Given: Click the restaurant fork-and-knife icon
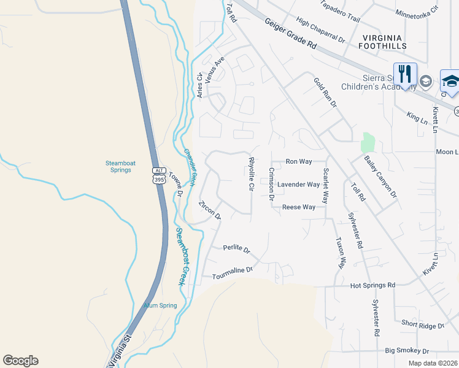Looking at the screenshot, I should [405, 74].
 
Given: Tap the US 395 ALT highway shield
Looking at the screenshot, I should [159, 175].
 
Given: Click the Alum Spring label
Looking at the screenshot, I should [160, 305].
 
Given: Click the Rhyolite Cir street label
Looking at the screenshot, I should [251, 174].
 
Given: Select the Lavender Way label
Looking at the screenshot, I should [298, 184].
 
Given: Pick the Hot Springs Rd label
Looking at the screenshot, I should [372, 285].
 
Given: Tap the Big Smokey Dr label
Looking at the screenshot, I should [407, 350].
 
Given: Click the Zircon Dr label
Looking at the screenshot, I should [209, 210].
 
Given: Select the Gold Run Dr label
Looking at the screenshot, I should [325, 93].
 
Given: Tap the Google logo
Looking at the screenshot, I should [20, 361].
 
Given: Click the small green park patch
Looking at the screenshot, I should [368, 142].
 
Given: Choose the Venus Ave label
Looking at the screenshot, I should [215, 69].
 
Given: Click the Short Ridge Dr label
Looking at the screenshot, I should [423, 324].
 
